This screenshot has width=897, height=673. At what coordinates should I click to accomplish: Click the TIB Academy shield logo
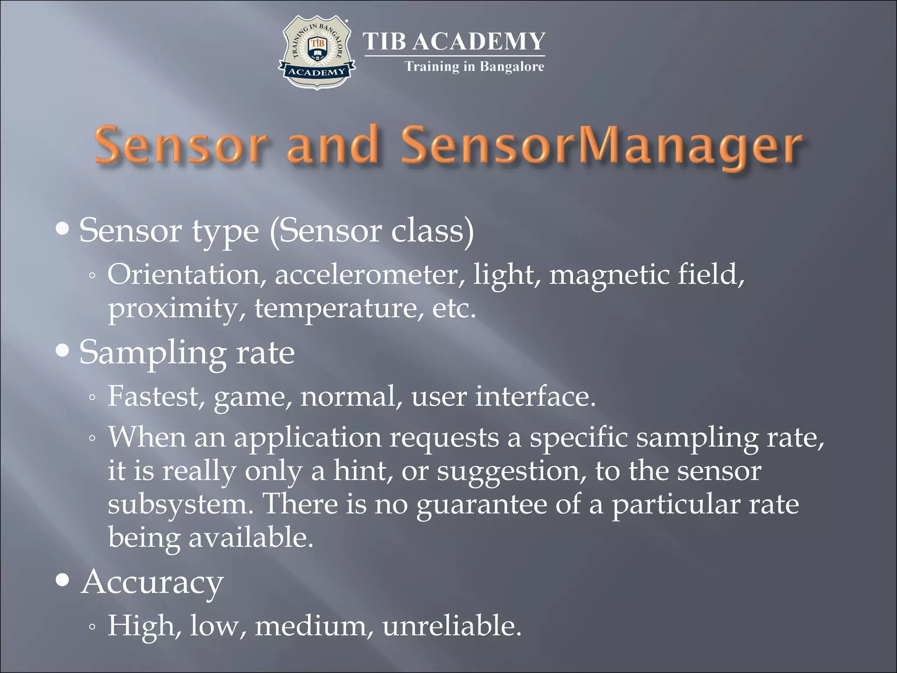click(316, 53)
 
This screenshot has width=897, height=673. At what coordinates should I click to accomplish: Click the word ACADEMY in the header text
click(479, 42)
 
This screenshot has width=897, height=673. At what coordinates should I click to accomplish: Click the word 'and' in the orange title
click(332, 145)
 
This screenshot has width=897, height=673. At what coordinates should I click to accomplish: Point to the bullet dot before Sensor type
click(63, 229)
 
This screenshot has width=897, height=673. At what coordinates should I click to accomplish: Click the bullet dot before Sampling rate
click(63, 351)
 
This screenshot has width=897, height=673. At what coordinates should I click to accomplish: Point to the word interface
click(535, 397)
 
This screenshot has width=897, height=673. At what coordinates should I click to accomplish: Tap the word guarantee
click(482, 505)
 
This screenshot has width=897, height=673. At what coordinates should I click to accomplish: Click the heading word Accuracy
click(152, 582)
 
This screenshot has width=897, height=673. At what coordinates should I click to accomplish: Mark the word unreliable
click(452, 625)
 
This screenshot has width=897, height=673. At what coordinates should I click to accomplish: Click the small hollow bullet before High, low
click(92, 627)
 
